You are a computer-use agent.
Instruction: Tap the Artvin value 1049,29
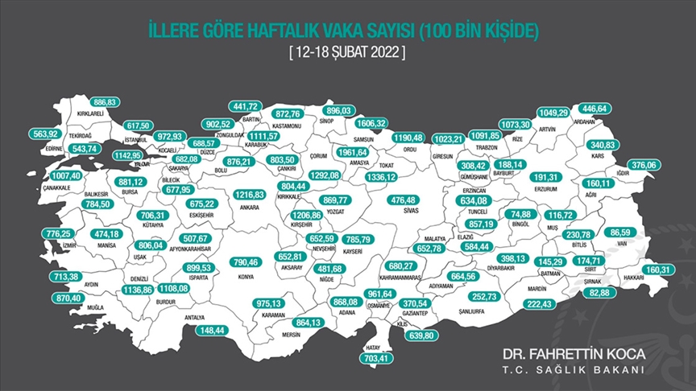click(556, 112)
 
